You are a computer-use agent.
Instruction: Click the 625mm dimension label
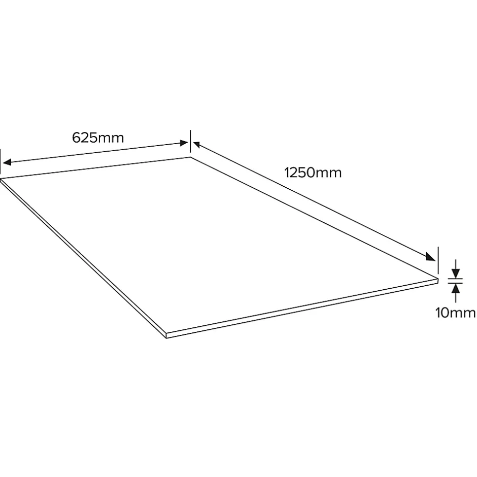point(98,138)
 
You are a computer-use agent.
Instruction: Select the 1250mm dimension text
point(313,173)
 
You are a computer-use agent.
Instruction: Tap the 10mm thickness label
point(455,313)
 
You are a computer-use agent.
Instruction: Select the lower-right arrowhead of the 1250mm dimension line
point(431,257)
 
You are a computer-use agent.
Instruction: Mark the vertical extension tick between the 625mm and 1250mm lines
point(190,141)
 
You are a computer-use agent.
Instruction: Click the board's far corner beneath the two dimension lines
point(191,157)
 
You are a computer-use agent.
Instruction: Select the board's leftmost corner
point(2,179)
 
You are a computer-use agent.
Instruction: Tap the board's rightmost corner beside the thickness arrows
point(437,278)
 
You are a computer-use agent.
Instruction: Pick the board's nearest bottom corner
point(167,336)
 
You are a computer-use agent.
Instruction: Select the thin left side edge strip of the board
point(84,259)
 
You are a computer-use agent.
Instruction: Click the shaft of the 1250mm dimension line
point(315,202)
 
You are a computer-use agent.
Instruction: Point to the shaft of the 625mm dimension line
point(96,153)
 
